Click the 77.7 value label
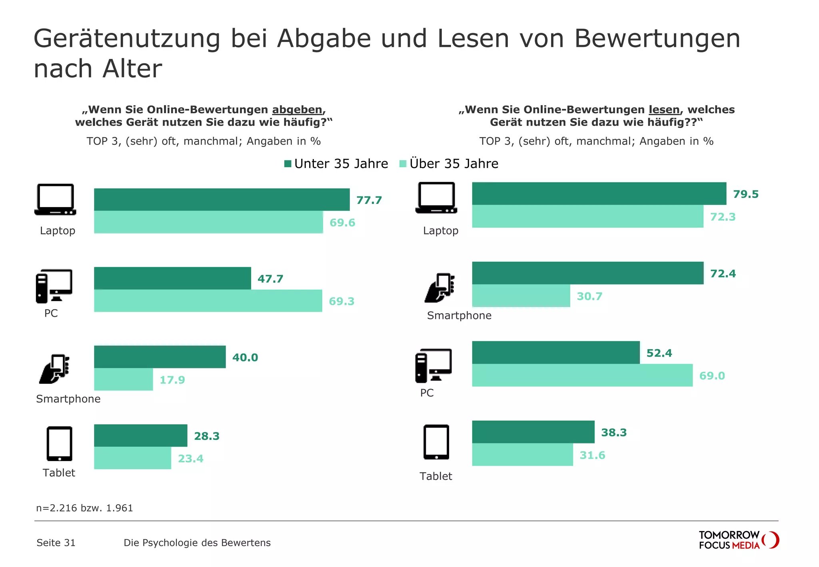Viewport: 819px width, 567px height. click(369, 200)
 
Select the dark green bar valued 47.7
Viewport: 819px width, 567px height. click(172, 278)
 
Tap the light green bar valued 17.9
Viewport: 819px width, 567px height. click(123, 379)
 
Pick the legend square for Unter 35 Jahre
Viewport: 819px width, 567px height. click(288, 164)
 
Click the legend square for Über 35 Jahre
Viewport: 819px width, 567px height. click(403, 164)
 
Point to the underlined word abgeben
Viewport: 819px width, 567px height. click(297, 110)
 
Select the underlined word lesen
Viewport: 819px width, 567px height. click(664, 110)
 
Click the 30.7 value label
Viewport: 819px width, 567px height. click(589, 296)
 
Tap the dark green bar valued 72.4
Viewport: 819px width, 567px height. click(587, 273)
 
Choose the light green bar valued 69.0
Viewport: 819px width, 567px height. click(582, 375)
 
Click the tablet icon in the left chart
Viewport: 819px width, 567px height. click(60, 444)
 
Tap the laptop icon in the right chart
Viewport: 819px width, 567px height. click(436, 198)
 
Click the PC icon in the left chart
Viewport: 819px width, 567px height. click(54, 286)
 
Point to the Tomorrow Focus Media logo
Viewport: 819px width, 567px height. click(738, 540)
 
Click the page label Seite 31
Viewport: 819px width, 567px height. click(56, 543)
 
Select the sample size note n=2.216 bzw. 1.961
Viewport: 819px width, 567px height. click(84, 508)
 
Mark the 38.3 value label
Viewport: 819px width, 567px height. click(613, 433)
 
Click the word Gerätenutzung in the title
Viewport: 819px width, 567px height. click(127, 39)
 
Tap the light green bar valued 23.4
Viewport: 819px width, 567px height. click(132, 458)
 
